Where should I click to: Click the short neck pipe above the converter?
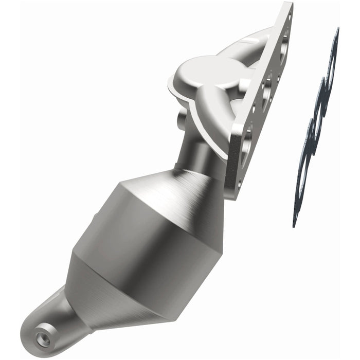pos(203,149)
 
